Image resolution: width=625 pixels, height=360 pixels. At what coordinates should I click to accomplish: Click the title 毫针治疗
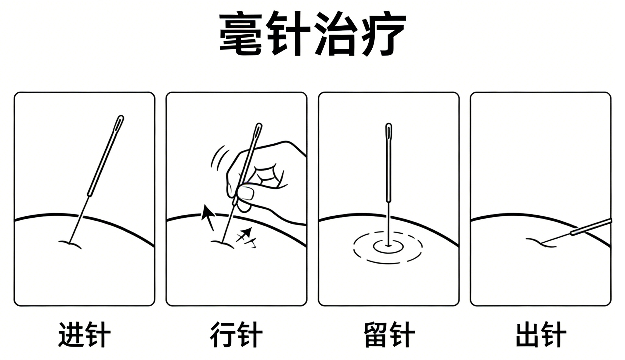pyautogui.click(x=312, y=34)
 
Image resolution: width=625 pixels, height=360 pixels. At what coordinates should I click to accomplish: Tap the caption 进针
pyautogui.click(x=84, y=334)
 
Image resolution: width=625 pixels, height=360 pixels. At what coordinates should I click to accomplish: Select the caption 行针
pyautogui.click(x=236, y=334)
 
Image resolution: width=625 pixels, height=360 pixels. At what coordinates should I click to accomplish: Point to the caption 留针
pyautogui.click(x=389, y=334)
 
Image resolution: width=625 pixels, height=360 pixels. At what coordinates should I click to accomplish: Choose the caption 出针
pyautogui.click(x=541, y=334)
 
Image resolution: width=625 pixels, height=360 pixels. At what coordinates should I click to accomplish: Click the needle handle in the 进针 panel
pyautogui.click(x=106, y=156)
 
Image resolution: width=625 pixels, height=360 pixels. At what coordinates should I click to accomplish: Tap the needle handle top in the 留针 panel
pyautogui.click(x=388, y=126)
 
